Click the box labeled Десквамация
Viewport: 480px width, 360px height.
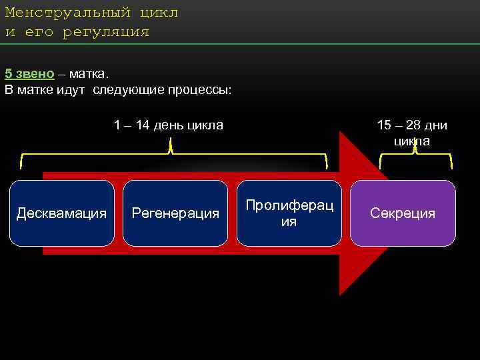[61, 213]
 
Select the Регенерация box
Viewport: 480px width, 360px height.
[175, 213]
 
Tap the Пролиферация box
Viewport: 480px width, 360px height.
[289, 213]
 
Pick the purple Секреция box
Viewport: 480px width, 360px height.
[403, 213]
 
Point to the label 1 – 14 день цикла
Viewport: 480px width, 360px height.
[169, 125]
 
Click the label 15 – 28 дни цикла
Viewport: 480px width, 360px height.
[412, 133]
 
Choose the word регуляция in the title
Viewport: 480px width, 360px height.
[106, 32]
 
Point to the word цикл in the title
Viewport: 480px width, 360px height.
[159, 13]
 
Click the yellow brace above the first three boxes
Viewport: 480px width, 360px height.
[173, 155]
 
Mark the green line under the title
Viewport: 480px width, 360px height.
[240, 44]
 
